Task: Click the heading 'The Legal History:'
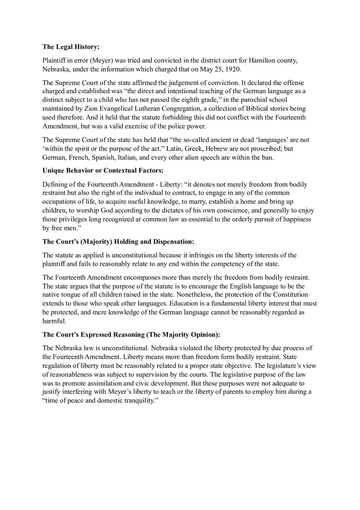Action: click(71, 47)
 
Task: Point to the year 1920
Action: click(233, 69)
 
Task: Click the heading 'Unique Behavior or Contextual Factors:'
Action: click(103, 171)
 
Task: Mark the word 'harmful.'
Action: click(54, 321)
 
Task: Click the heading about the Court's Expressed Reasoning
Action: click(131, 335)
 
